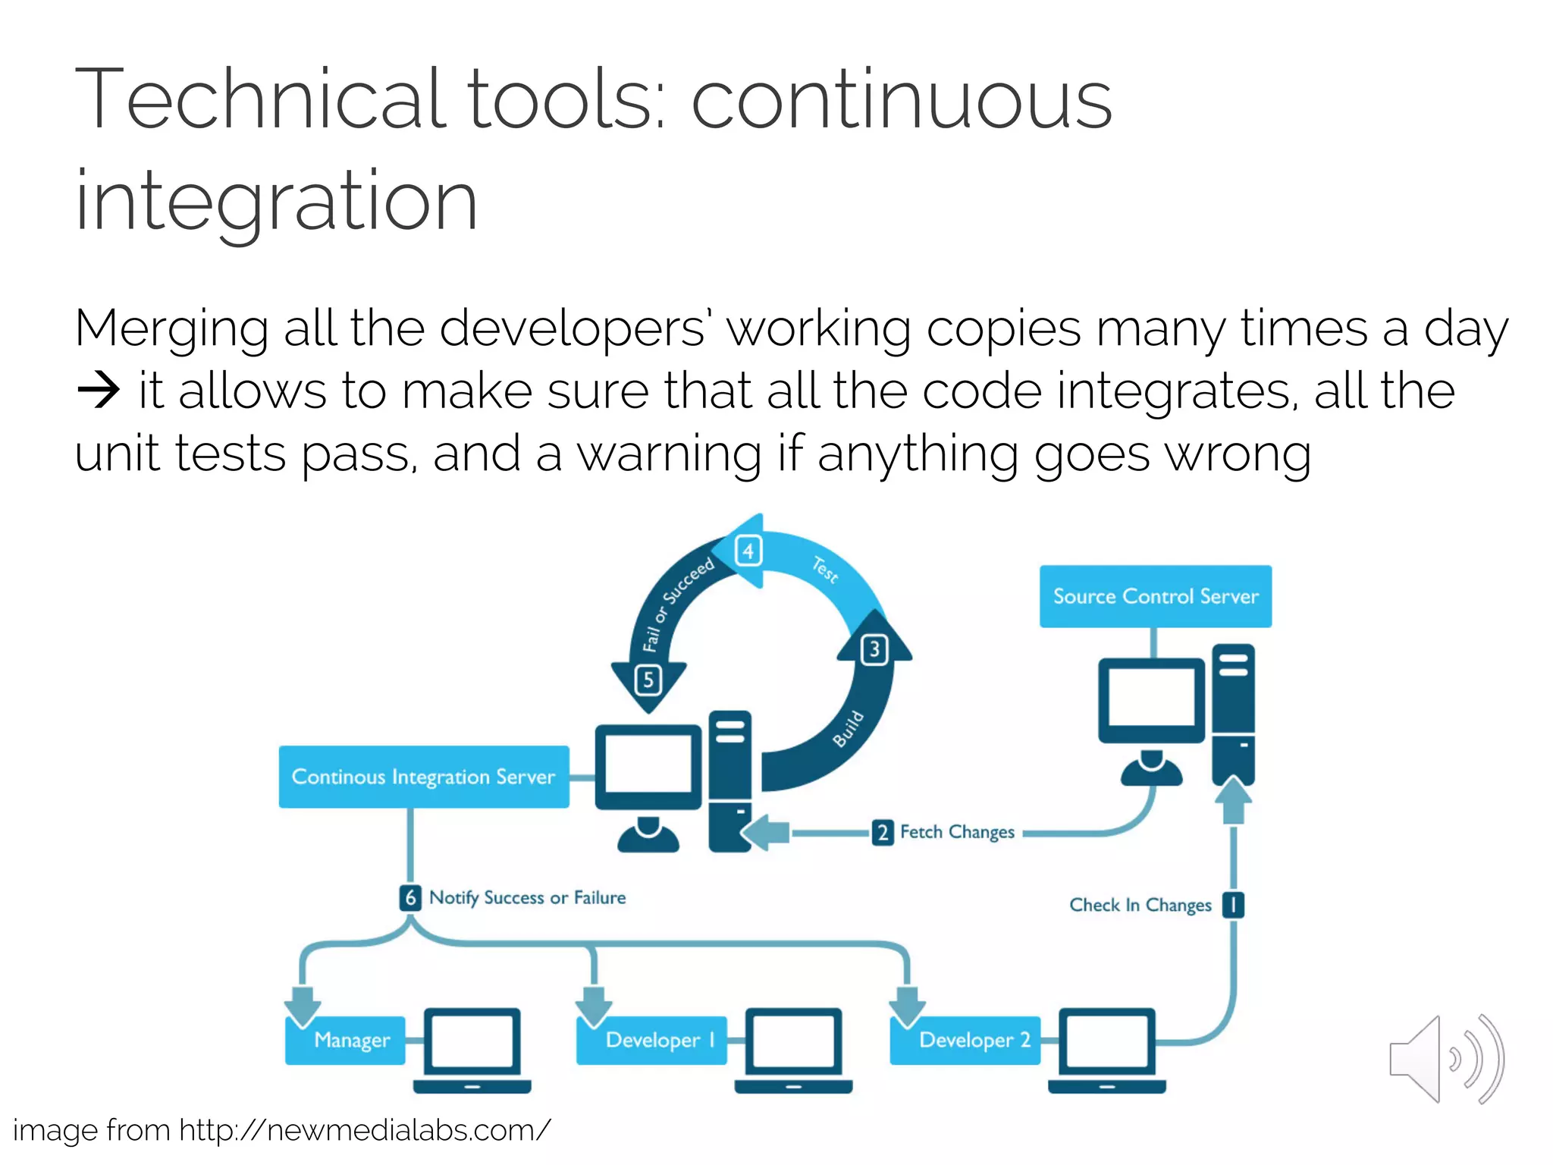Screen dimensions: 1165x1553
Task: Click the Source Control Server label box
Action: (1155, 596)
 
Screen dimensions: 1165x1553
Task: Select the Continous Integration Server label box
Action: (423, 777)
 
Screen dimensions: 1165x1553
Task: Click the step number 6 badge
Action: (410, 898)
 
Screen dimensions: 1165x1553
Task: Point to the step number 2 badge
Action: (883, 832)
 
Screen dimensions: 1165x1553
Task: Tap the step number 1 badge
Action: (1234, 905)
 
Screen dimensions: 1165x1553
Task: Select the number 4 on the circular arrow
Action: (748, 551)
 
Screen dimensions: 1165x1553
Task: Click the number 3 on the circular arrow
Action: (874, 650)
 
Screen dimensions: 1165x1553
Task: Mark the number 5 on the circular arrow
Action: (648, 680)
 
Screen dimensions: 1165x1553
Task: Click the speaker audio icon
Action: (1445, 1060)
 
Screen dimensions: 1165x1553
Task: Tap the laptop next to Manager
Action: (472, 1050)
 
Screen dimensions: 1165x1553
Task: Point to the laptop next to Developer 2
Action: (1107, 1050)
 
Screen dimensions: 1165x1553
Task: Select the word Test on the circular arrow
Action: (825, 570)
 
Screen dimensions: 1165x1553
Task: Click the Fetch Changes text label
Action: (957, 832)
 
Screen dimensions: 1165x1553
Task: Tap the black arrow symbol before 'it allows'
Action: (99, 391)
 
